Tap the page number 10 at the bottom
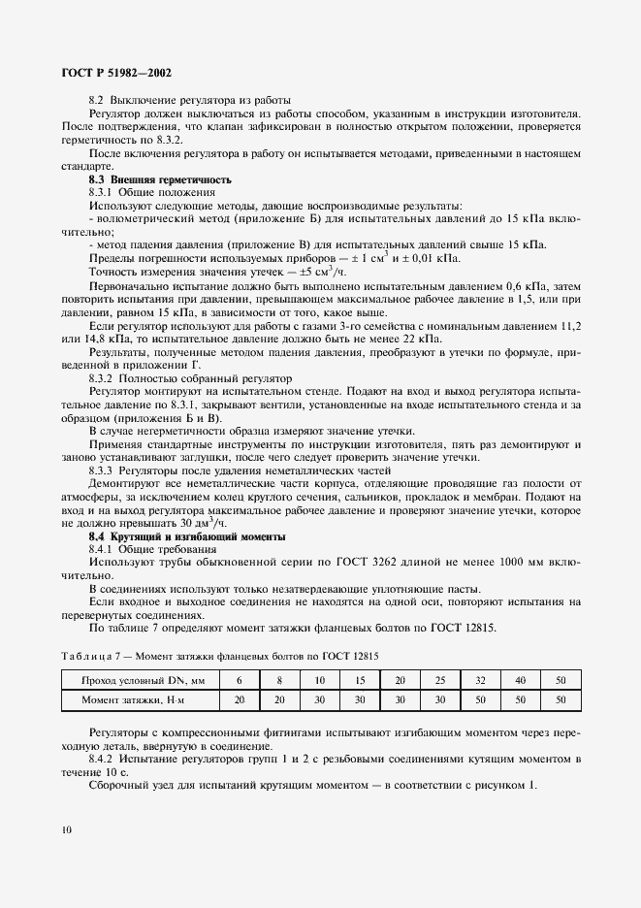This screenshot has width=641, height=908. pos(64,830)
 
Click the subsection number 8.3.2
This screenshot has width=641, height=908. pos(103,377)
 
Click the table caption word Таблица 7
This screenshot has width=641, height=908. pos(89,657)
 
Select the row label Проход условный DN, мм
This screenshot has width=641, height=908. pos(138,680)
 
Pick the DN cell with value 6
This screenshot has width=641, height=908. pos(238,680)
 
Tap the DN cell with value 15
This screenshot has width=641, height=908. pos(359,680)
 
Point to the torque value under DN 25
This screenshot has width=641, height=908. pos(438,698)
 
